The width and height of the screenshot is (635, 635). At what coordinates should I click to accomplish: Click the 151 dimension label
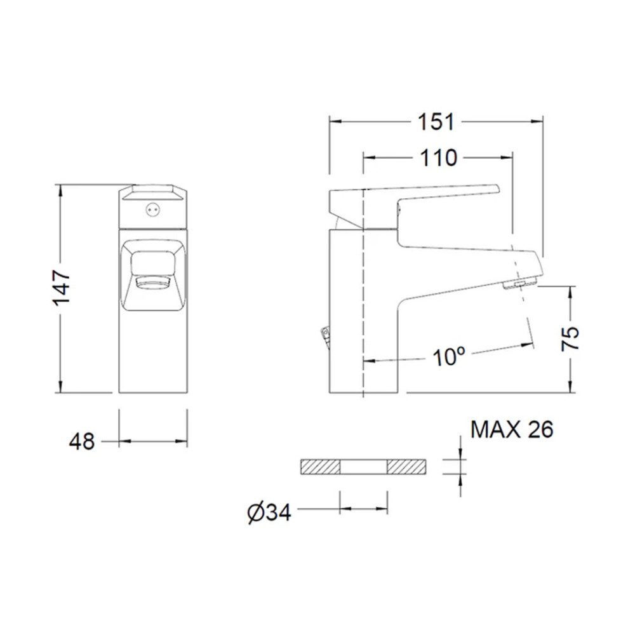click(436, 121)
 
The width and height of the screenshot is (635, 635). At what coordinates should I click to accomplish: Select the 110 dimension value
click(439, 158)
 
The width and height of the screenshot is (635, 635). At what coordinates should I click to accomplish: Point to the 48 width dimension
click(82, 441)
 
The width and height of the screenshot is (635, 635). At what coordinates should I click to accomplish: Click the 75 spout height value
click(570, 338)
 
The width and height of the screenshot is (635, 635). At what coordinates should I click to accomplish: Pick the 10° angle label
click(448, 356)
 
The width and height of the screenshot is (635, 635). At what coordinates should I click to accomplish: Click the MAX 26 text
click(512, 429)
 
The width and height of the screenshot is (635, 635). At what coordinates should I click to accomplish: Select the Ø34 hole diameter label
click(269, 512)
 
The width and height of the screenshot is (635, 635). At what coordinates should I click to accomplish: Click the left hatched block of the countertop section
click(320, 467)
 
